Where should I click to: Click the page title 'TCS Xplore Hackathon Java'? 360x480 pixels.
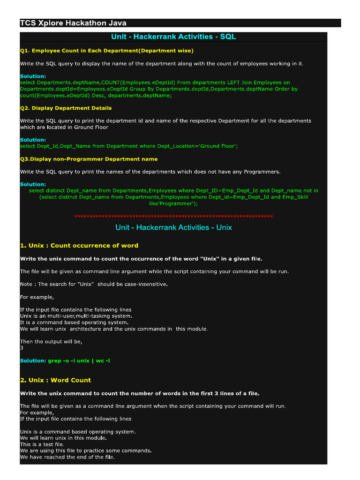point(73,23)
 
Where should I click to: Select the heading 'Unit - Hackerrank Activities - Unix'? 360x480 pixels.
point(173,227)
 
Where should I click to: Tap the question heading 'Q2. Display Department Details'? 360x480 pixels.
point(66,108)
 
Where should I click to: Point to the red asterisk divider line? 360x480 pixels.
point(173,217)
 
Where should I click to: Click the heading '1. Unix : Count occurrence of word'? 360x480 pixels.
point(79,245)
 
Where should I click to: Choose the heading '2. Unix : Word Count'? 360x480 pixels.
point(55,380)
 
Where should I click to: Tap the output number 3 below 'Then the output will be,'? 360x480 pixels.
point(22,348)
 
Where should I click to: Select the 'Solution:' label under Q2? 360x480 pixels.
point(33,140)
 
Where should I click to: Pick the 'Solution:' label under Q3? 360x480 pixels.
point(33,184)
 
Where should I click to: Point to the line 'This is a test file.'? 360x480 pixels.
point(42,444)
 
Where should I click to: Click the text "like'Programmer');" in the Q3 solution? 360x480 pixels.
point(173,204)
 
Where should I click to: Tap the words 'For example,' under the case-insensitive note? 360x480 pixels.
point(37,297)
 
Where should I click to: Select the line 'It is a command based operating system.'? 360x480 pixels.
point(74,322)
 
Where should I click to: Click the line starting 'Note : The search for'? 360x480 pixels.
point(94,284)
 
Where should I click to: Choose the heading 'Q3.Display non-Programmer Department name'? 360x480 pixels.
point(89,159)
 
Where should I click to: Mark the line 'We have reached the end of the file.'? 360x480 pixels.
point(67,457)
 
